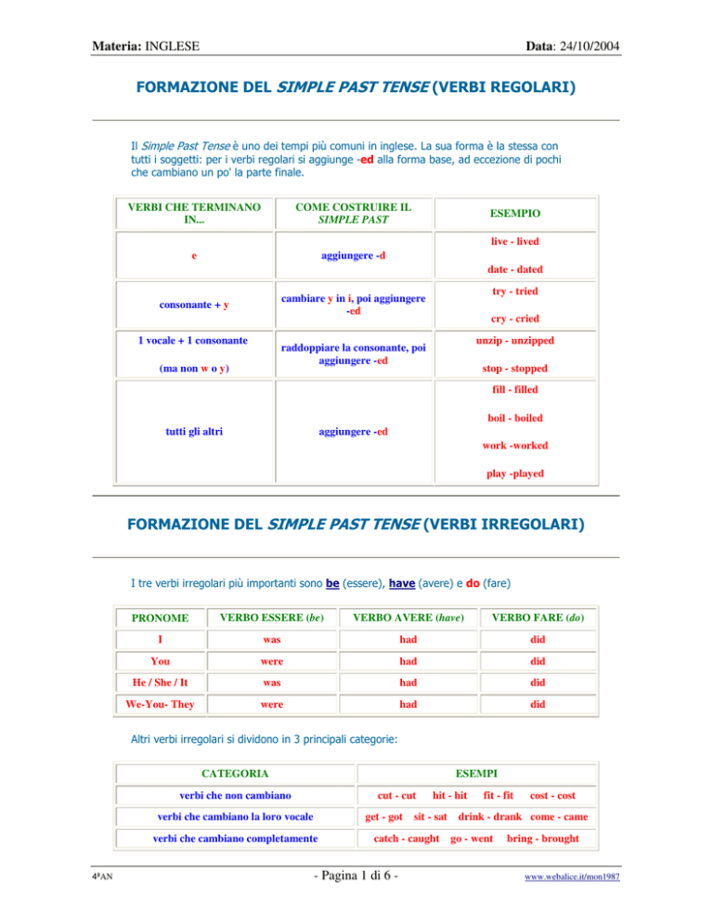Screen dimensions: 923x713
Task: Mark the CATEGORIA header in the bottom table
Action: click(x=236, y=772)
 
